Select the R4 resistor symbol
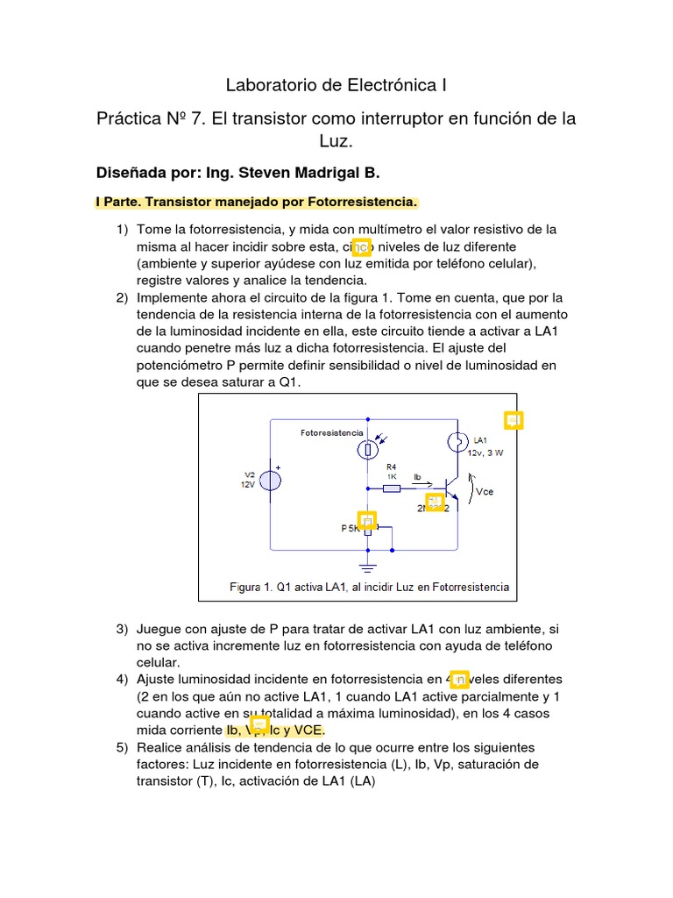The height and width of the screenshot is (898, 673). click(x=393, y=488)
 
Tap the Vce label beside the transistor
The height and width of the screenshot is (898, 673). click(x=484, y=492)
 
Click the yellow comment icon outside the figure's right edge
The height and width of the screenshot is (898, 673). click(x=514, y=420)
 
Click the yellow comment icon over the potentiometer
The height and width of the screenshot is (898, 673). click(x=367, y=520)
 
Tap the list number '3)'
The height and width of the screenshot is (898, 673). click(x=122, y=630)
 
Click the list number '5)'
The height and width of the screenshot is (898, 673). click(x=122, y=747)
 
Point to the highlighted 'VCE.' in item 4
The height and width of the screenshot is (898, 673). click(x=309, y=730)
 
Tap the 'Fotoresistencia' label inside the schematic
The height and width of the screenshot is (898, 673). click(x=331, y=433)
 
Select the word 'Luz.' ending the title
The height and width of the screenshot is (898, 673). click(x=336, y=141)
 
